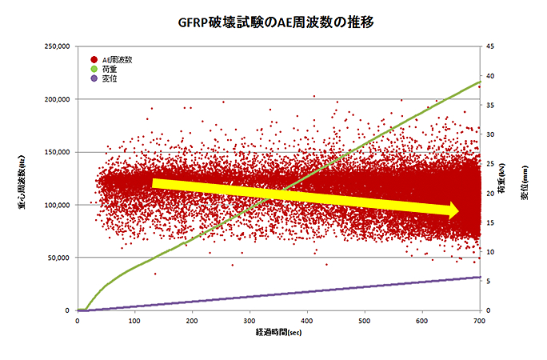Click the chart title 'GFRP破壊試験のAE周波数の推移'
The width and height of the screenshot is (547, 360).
click(274, 22)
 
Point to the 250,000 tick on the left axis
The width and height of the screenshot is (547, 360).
click(57, 46)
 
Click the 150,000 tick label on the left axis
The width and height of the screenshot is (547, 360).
click(57, 152)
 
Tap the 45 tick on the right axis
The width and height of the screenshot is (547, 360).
click(489, 46)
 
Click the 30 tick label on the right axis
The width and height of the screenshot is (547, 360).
click(489, 134)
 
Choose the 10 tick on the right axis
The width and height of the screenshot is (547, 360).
click(489, 252)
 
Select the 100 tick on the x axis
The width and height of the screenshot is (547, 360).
click(134, 321)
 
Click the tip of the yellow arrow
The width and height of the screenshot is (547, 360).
click(458, 211)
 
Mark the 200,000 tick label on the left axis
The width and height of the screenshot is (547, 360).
click(57, 99)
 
